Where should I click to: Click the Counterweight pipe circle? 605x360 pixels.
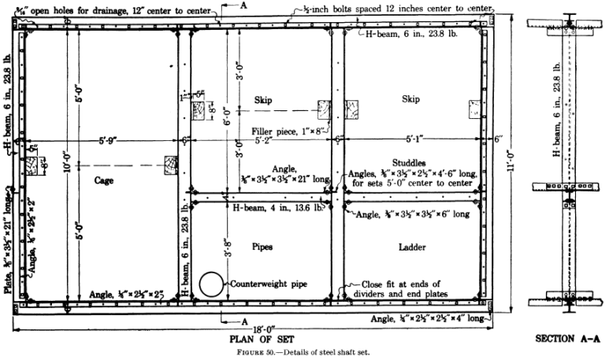point(211,284)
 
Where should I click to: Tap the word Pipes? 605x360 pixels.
point(262,246)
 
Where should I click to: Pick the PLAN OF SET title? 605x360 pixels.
point(260,341)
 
